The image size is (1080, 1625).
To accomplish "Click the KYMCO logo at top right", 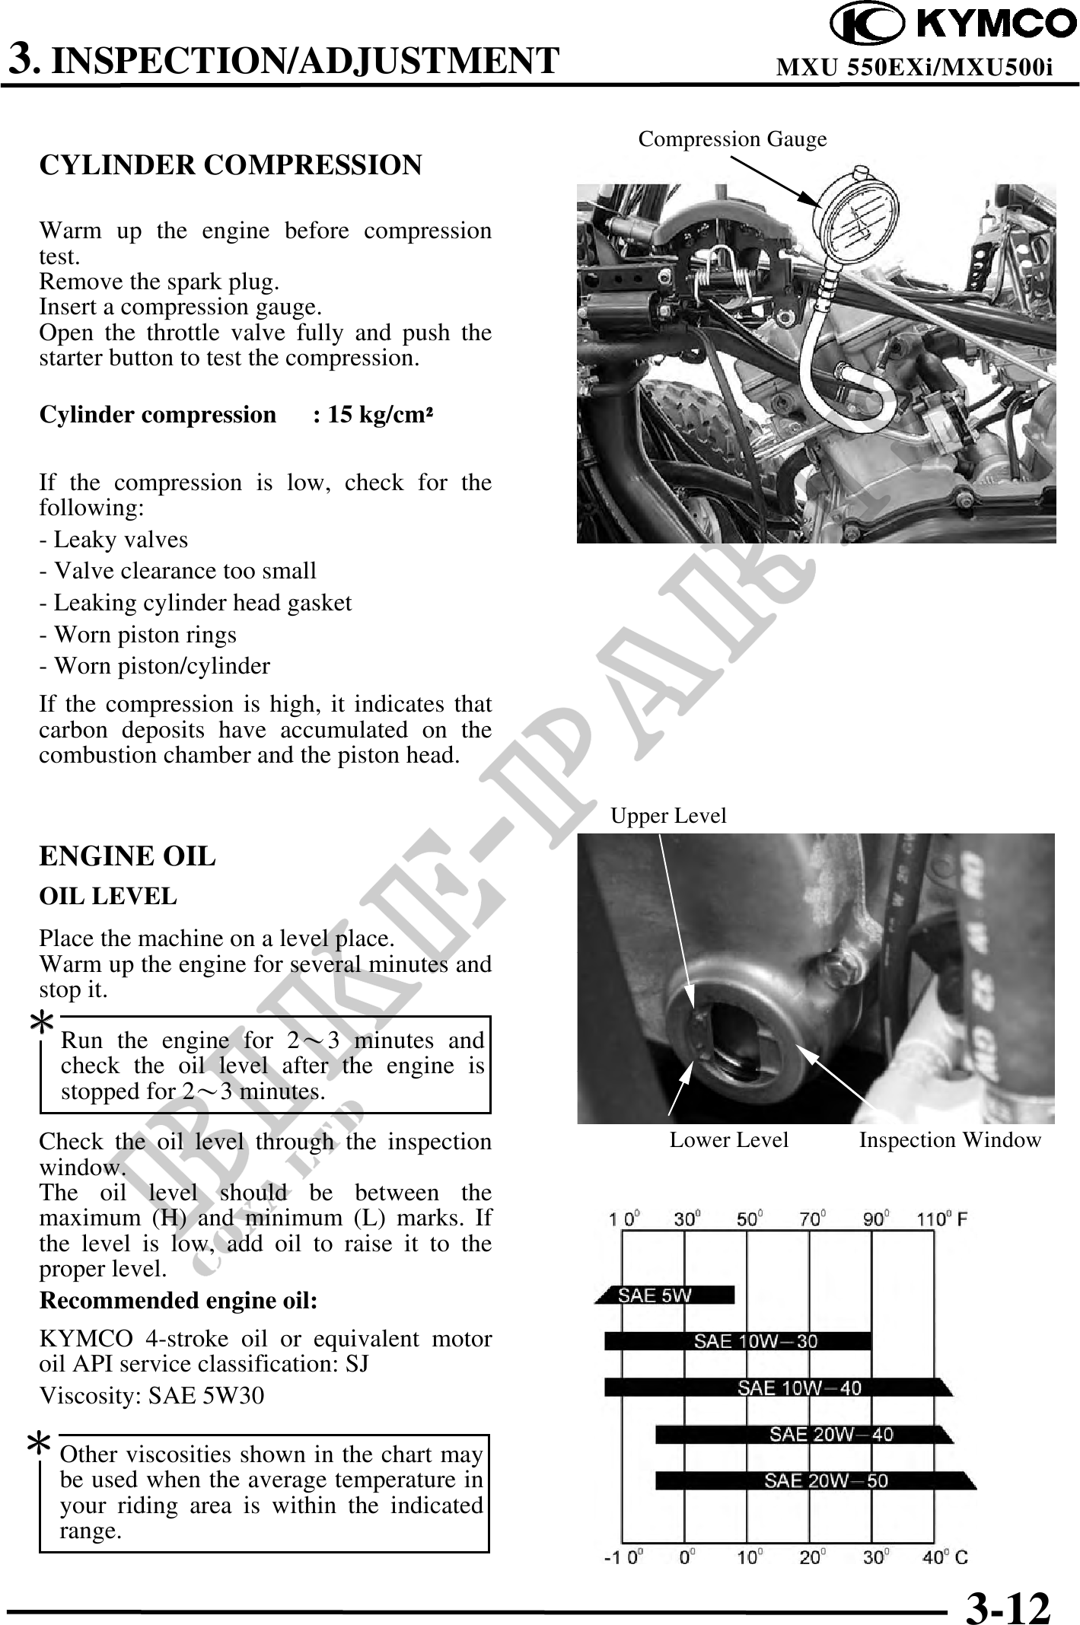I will tap(951, 25).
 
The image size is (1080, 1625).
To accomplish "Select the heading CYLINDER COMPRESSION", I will tap(230, 165).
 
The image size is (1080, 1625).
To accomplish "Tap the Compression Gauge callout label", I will tap(732, 139).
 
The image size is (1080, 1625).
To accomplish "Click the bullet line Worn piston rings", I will tap(138, 634).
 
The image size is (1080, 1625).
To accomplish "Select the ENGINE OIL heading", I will tap(127, 856).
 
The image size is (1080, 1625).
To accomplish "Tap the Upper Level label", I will tap(668, 816).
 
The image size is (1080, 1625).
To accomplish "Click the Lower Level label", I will tap(728, 1140).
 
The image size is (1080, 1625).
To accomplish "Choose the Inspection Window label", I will tap(950, 1140).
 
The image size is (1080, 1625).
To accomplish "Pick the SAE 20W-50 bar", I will tap(814, 1480).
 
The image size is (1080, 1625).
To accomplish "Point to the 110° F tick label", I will tap(942, 1219).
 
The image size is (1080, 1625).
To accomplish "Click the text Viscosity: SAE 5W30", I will tap(152, 1395).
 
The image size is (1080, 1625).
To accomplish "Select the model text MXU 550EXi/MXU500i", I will tap(914, 68).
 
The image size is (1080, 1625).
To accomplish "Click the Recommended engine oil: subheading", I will tap(178, 1300).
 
